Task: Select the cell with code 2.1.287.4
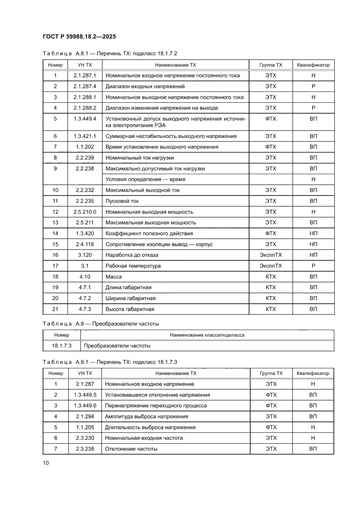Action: [85, 86]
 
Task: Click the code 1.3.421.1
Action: [85, 136]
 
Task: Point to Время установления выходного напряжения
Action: [162, 147]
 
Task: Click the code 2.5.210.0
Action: [85, 212]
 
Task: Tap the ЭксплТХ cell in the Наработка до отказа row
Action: [270, 255]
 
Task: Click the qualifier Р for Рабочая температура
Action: [313, 266]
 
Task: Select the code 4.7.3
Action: [85, 309]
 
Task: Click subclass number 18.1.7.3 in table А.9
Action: [61, 346]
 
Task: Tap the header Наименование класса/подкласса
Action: [207, 335]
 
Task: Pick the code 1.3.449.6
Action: [85, 405]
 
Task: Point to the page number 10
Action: [46, 463]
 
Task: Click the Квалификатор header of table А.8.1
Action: [313, 65]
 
